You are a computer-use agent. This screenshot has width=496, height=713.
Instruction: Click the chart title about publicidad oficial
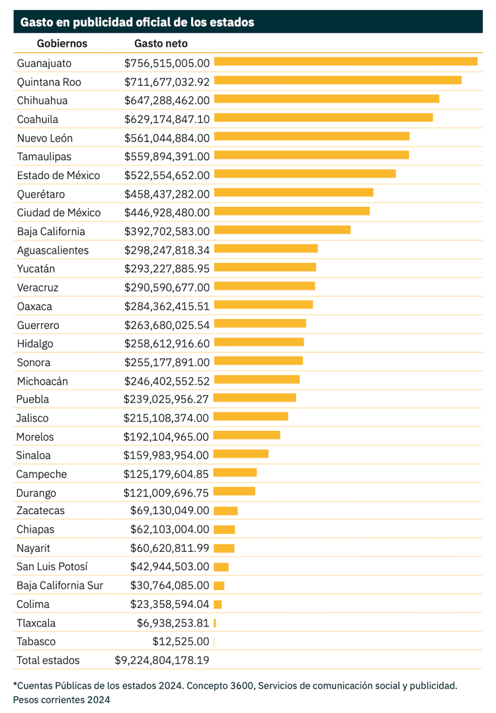[137, 22]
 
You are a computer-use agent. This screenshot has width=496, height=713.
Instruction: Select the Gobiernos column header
[62, 44]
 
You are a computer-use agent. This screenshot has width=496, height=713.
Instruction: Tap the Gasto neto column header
[161, 44]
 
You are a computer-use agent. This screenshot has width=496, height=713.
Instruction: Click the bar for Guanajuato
[345, 61]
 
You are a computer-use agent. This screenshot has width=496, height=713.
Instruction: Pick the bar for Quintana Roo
[337, 80]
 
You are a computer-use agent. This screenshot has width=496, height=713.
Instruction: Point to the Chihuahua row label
[42, 100]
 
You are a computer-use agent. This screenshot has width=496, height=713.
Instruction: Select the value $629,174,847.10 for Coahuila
[167, 119]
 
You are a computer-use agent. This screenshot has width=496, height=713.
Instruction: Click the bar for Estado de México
[305, 174]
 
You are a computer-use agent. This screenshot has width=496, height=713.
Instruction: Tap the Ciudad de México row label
[59, 212]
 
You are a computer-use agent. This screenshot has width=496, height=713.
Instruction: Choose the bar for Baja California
[282, 229]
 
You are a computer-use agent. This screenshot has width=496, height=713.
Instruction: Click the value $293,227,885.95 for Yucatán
[167, 269]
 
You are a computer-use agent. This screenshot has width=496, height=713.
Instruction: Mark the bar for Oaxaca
[263, 305]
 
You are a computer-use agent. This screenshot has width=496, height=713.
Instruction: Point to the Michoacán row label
[42, 381]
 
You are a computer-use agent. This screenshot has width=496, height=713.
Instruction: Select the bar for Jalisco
[251, 416]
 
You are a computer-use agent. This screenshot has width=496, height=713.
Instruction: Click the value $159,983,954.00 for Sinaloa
[166, 455]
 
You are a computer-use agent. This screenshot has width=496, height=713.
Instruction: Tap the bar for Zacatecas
[226, 511]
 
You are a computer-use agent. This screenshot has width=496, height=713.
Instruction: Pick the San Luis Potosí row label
[52, 566]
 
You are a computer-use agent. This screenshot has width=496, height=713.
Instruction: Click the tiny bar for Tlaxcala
[215, 623]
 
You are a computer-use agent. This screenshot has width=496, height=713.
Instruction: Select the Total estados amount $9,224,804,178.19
[162, 660]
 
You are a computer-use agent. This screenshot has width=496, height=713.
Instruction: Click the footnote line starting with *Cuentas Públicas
[235, 686]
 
